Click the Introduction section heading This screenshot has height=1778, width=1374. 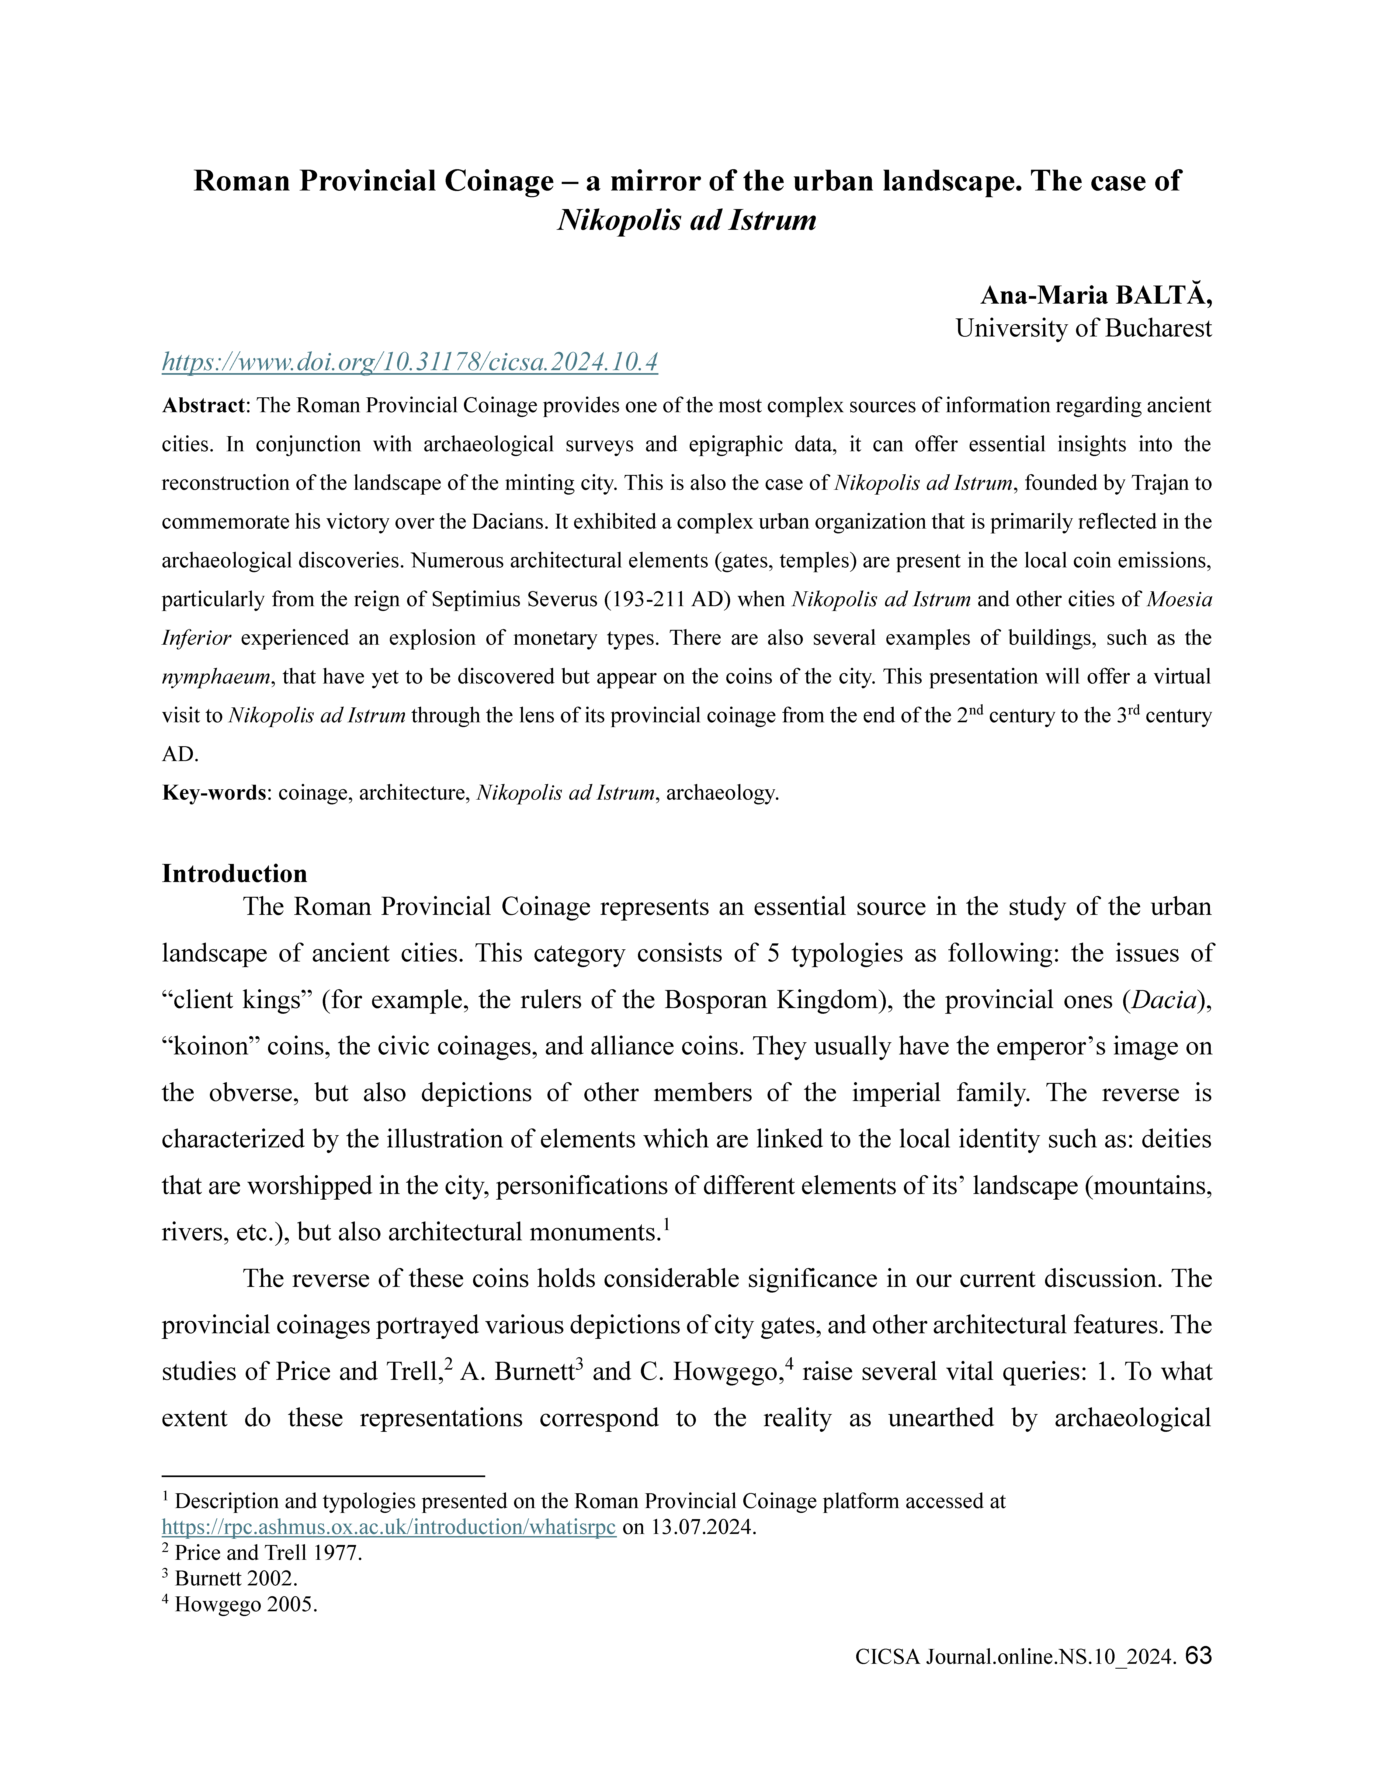(234, 874)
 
